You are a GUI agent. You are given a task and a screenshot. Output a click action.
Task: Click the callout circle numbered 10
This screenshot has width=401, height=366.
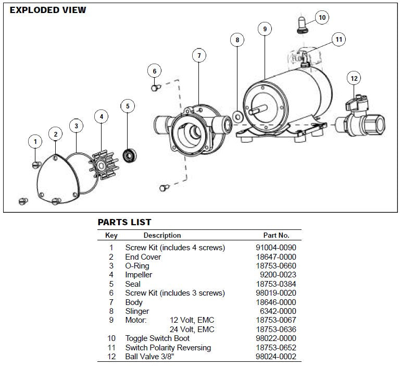tap(322, 18)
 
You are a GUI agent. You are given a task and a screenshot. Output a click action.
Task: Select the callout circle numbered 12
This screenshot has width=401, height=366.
tap(354, 79)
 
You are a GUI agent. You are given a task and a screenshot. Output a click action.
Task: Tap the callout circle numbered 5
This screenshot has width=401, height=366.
tap(128, 106)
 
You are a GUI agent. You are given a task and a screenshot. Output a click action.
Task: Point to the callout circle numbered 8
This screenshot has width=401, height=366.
tap(237, 40)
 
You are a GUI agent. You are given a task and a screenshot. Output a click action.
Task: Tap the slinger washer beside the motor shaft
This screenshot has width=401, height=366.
tap(237, 116)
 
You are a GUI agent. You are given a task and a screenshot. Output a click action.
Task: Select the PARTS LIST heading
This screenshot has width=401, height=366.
tap(124, 223)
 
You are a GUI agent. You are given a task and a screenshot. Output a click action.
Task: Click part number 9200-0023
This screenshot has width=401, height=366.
tap(280, 274)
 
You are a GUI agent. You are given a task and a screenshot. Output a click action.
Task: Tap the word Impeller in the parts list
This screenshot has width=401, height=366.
tap(139, 274)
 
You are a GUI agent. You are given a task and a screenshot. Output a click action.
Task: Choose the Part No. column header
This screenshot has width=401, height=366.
tap(276, 235)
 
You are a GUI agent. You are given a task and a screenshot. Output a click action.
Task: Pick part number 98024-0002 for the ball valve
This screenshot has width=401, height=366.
tap(280, 356)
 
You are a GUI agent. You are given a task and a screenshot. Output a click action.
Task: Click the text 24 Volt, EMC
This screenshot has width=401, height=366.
tap(192, 329)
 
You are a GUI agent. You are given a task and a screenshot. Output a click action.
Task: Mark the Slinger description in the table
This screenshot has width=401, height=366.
tap(137, 311)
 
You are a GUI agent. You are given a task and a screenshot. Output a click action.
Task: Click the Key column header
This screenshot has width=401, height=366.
tap(111, 235)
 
